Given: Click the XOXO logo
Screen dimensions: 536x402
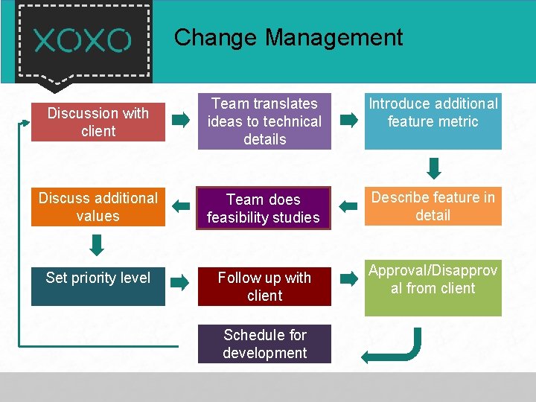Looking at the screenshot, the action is point(83,40).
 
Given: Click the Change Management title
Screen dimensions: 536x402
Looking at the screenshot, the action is point(288,37).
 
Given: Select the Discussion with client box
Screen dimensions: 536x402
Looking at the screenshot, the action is point(98,122).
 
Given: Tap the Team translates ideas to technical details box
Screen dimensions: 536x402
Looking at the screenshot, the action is point(264,121).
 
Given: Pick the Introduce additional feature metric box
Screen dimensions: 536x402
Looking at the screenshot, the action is point(433,121).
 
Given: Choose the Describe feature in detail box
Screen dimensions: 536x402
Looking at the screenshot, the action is point(433,206).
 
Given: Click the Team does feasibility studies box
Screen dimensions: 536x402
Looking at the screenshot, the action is point(263,208).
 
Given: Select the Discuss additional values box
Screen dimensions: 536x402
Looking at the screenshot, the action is point(98,207).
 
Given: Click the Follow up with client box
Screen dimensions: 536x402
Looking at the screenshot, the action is point(264,287).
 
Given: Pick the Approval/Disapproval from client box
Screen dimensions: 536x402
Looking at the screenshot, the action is point(433,289).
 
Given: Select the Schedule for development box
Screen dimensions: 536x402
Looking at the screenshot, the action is point(264,344).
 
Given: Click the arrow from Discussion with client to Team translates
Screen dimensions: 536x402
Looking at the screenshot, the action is point(181,119).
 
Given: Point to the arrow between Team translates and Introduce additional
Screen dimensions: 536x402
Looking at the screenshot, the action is point(348,119).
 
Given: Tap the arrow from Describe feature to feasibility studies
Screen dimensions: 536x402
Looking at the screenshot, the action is point(347,205).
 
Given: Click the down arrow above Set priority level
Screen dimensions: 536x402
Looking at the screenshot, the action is point(97,244).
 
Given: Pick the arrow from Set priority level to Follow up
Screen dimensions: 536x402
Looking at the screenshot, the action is point(180,281).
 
